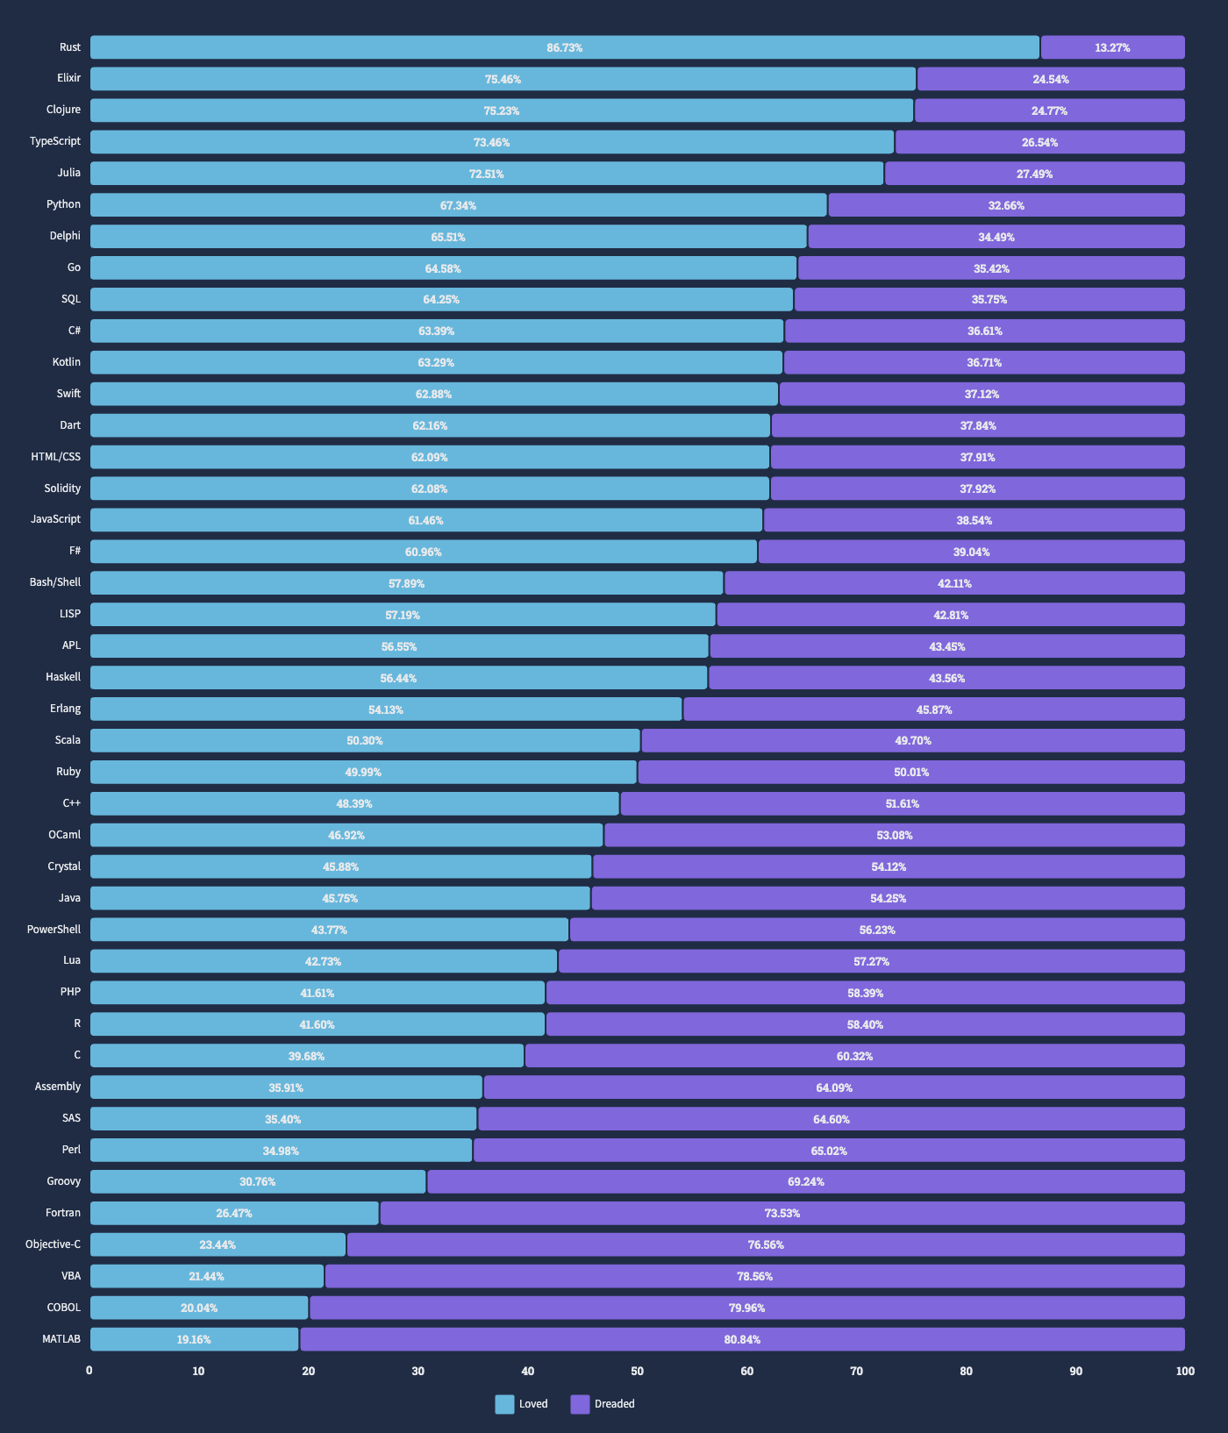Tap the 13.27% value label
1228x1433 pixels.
point(1112,47)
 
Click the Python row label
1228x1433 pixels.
point(63,204)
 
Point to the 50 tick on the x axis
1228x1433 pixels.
point(637,1371)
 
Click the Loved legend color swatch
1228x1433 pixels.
point(504,1404)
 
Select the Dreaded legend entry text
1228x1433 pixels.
point(614,1404)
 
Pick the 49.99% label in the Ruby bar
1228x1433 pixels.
point(363,772)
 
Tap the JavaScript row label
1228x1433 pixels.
point(55,519)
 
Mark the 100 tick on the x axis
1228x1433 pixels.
point(1185,1371)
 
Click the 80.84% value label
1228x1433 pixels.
point(742,1339)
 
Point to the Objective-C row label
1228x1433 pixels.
point(53,1244)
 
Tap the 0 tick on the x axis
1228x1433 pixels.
point(89,1371)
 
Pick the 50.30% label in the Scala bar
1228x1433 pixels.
point(364,740)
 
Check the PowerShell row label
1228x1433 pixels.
point(54,929)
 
